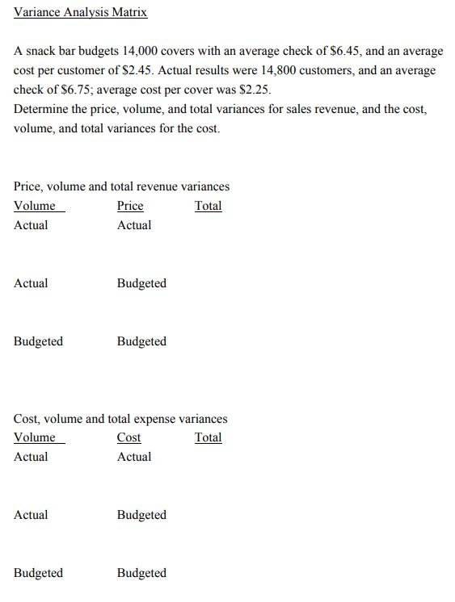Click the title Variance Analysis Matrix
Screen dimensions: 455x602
(x=80, y=13)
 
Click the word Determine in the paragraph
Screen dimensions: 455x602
(x=42, y=109)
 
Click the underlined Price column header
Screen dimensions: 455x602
(x=130, y=206)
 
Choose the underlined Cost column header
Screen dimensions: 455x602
(x=128, y=437)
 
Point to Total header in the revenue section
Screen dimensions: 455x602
(x=208, y=206)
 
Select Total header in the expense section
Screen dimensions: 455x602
(x=208, y=437)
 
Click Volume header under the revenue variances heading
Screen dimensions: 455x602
(x=36, y=206)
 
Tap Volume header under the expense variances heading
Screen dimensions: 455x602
(x=36, y=437)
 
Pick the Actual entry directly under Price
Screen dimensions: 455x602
(x=133, y=225)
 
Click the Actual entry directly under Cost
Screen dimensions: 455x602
(x=133, y=457)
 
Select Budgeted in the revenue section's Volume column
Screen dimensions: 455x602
(x=38, y=341)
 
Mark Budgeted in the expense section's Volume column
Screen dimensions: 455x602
(x=38, y=573)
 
